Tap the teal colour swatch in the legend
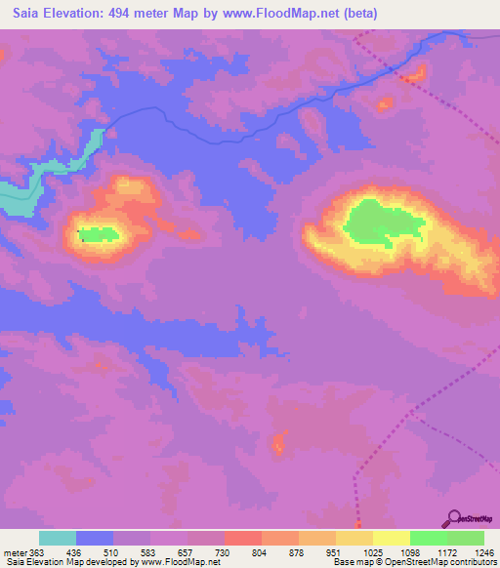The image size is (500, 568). (58, 538)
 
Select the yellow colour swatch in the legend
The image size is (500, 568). (391, 538)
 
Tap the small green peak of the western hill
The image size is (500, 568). (99, 234)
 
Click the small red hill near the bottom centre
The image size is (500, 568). (279, 445)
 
